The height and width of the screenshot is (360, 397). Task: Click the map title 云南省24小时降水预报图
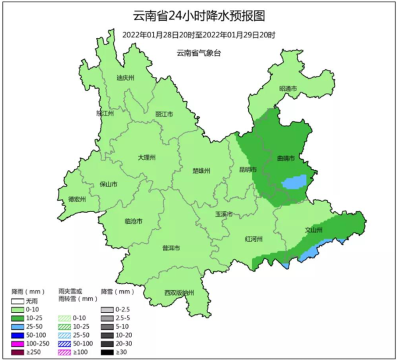pyautogui.click(x=198, y=15)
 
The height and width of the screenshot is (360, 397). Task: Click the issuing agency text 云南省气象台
pyautogui.click(x=198, y=53)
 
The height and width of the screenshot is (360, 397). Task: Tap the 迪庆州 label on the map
pyautogui.click(x=126, y=78)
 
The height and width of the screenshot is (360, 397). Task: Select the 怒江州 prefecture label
pyautogui.click(x=104, y=112)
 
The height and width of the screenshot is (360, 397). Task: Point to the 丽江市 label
pyautogui.click(x=164, y=114)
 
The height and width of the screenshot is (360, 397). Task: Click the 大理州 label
pyautogui.click(x=146, y=157)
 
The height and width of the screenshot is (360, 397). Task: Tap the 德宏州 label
pyautogui.click(x=77, y=199)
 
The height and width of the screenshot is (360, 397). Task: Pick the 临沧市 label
pyautogui.click(x=133, y=221)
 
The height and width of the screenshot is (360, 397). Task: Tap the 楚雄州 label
pyautogui.click(x=201, y=171)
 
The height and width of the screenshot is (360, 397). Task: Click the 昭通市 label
pyautogui.click(x=288, y=89)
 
